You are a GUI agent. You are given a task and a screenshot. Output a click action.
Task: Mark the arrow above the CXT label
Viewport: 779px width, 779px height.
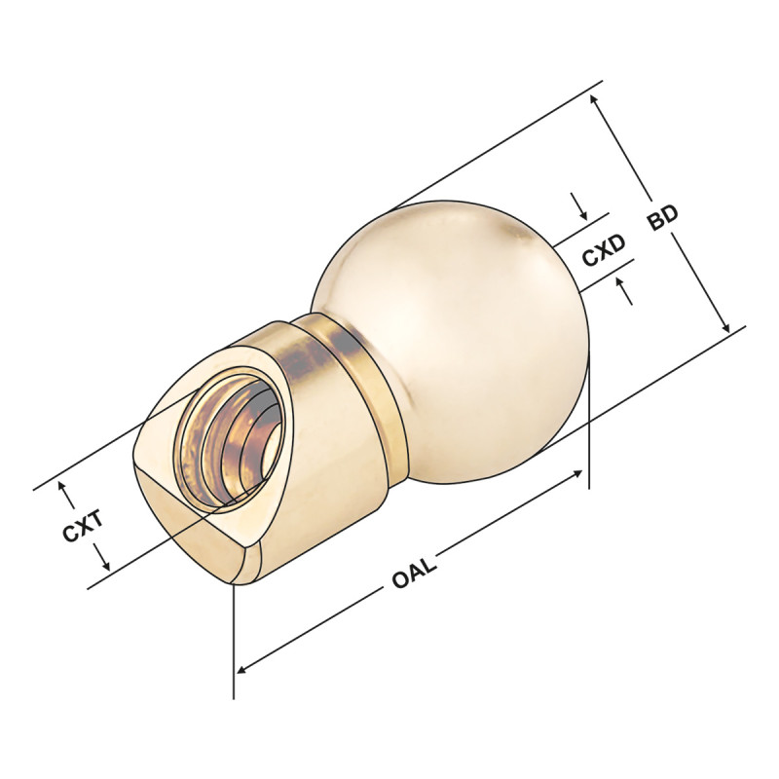point(65,490)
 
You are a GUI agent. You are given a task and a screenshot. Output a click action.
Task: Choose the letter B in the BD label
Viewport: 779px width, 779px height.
point(657,226)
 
